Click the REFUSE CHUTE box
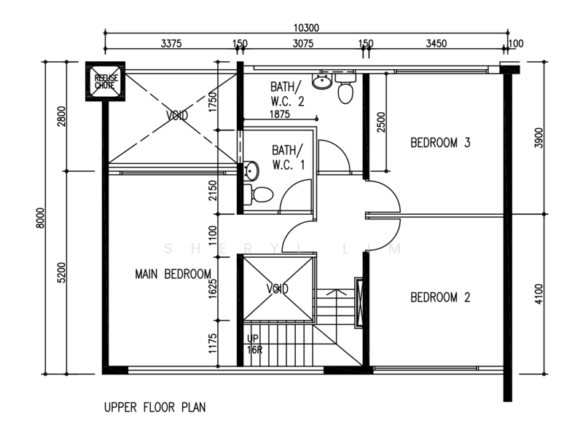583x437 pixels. (x=105, y=82)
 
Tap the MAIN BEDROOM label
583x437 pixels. (x=173, y=275)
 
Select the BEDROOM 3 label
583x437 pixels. (x=440, y=143)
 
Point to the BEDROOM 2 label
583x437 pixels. (x=440, y=297)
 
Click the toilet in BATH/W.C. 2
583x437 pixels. (x=345, y=89)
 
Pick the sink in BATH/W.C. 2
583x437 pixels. (x=322, y=81)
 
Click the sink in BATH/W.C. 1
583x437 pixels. (x=251, y=170)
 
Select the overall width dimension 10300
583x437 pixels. (x=306, y=28)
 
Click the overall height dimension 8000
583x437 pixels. (x=40, y=218)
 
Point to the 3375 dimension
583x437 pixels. (x=171, y=44)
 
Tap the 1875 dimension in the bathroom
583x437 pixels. (x=280, y=114)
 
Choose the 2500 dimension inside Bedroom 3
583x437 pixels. (x=381, y=122)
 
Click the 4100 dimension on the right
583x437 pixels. (x=539, y=294)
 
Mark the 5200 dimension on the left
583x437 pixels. (x=61, y=272)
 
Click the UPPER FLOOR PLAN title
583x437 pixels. (x=154, y=408)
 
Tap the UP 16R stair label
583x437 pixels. (x=254, y=344)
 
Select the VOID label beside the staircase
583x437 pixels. (x=278, y=288)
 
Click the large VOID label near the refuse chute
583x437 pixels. (x=176, y=116)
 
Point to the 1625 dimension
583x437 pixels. (x=213, y=288)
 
